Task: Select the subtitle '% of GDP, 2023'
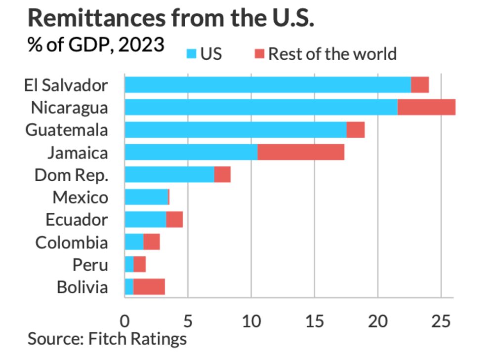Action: (x=95, y=45)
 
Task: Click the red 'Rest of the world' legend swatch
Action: (x=259, y=53)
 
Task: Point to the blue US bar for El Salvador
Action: (x=267, y=85)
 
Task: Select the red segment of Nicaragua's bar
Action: (x=426, y=107)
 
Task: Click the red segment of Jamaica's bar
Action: (x=300, y=152)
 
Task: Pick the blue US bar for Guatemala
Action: (x=235, y=130)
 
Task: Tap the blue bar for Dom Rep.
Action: (x=169, y=175)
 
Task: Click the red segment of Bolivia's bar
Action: (x=149, y=287)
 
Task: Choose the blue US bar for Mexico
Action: (x=146, y=197)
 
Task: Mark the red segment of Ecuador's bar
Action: (x=174, y=219)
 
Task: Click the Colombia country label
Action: (x=72, y=242)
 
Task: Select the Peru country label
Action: (x=90, y=265)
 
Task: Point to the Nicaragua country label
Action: (x=69, y=108)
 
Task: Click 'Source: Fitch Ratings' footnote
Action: (x=107, y=339)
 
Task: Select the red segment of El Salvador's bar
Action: (x=419, y=85)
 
